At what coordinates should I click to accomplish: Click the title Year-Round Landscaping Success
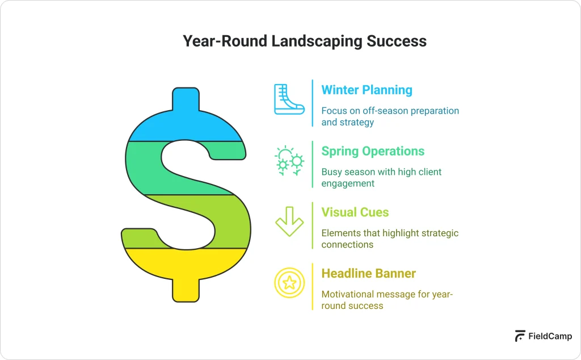(304, 41)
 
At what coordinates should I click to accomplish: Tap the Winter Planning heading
(367, 90)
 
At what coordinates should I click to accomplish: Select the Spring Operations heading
(373, 151)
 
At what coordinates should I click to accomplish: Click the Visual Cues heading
(355, 212)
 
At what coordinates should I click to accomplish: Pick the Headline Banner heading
(368, 273)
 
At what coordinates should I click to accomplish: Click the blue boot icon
(288, 100)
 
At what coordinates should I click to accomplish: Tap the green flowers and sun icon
(289, 161)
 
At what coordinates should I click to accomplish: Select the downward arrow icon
(289, 221)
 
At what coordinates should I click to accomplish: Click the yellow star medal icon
(289, 282)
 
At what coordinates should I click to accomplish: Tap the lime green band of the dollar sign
(227, 221)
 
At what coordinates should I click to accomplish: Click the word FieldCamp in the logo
(550, 336)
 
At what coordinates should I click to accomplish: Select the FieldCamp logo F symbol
(520, 336)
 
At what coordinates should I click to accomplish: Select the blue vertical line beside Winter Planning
(313, 103)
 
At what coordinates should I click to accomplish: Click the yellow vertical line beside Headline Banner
(313, 286)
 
